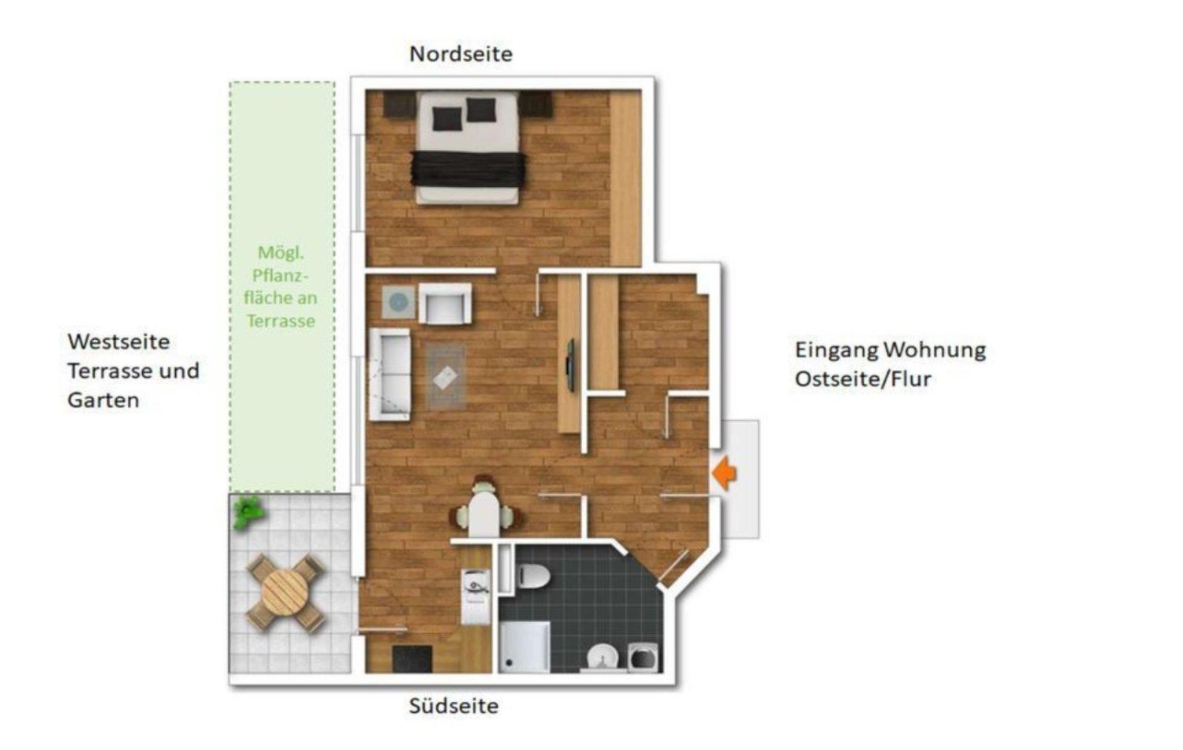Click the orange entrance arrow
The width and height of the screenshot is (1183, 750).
click(724, 473)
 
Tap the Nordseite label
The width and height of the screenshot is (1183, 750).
click(461, 54)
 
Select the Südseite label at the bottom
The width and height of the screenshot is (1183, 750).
click(453, 705)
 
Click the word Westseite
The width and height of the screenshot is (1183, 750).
click(118, 341)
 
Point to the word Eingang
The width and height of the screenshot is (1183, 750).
click(835, 349)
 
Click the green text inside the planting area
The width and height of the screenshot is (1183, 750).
click(280, 286)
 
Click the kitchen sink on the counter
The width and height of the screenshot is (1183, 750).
click(476, 587)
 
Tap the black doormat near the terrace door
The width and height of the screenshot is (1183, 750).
click(412, 659)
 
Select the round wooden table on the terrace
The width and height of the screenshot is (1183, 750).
click(285, 591)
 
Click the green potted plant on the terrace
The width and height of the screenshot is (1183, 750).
click(248, 513)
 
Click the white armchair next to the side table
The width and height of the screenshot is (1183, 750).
click(445, 303)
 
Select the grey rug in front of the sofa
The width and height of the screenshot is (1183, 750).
click(446, 378)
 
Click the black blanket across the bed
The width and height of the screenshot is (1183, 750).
click(468, 169)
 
